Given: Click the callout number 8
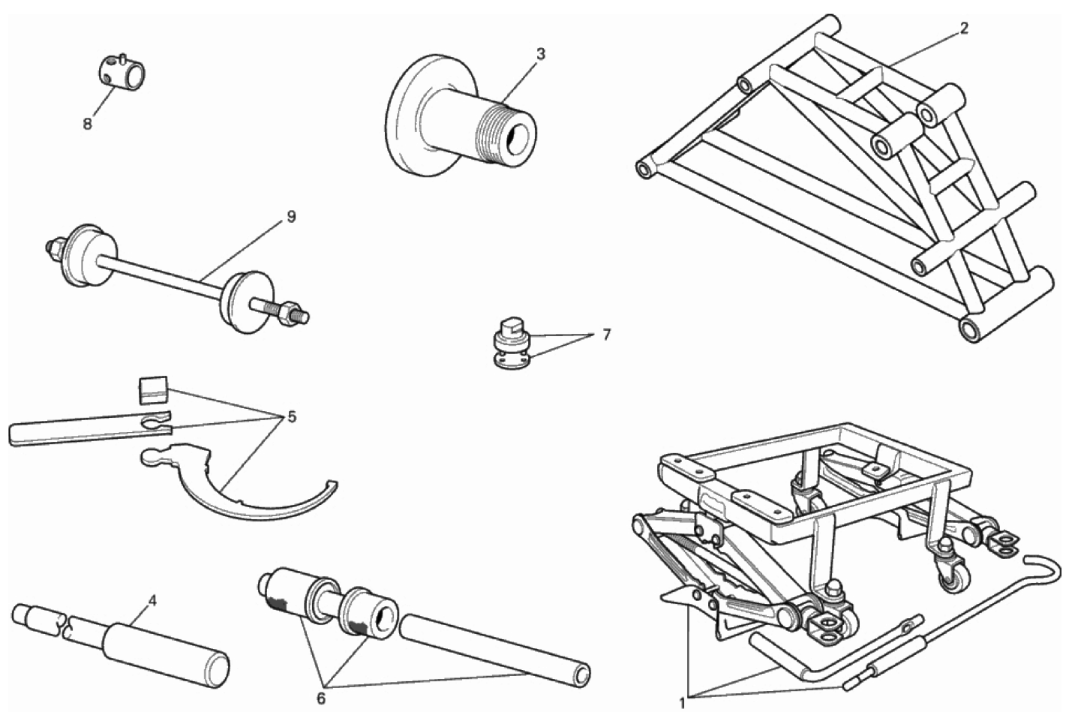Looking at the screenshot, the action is (87, 124).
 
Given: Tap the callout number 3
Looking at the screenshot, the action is (541, 54).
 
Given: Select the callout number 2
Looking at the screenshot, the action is (964, 28).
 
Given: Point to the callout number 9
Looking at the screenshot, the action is (291, 217).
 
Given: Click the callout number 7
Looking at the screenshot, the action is (607, 335).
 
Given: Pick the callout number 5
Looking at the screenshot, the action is (292, 416).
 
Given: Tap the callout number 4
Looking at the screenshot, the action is (152, 600).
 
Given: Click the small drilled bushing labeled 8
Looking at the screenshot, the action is (122, 73).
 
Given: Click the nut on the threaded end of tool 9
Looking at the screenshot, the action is (290, 314).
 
